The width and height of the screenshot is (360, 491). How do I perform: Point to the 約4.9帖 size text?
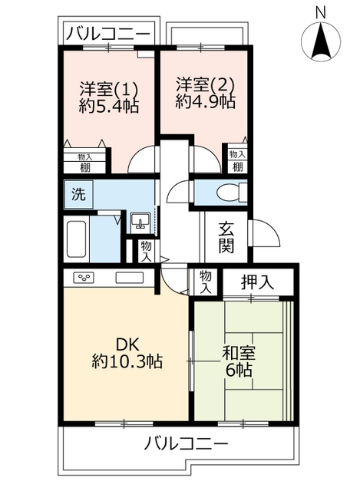[204, 101]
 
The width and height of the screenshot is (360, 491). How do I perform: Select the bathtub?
[76, 240]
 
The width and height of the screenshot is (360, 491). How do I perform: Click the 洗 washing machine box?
[77, 195]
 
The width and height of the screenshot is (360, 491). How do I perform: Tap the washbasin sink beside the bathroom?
[140, 222]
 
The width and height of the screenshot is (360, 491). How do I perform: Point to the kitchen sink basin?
[128, 277]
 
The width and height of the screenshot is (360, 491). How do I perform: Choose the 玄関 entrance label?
[226, 237]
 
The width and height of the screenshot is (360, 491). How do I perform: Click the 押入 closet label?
[257, 282]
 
